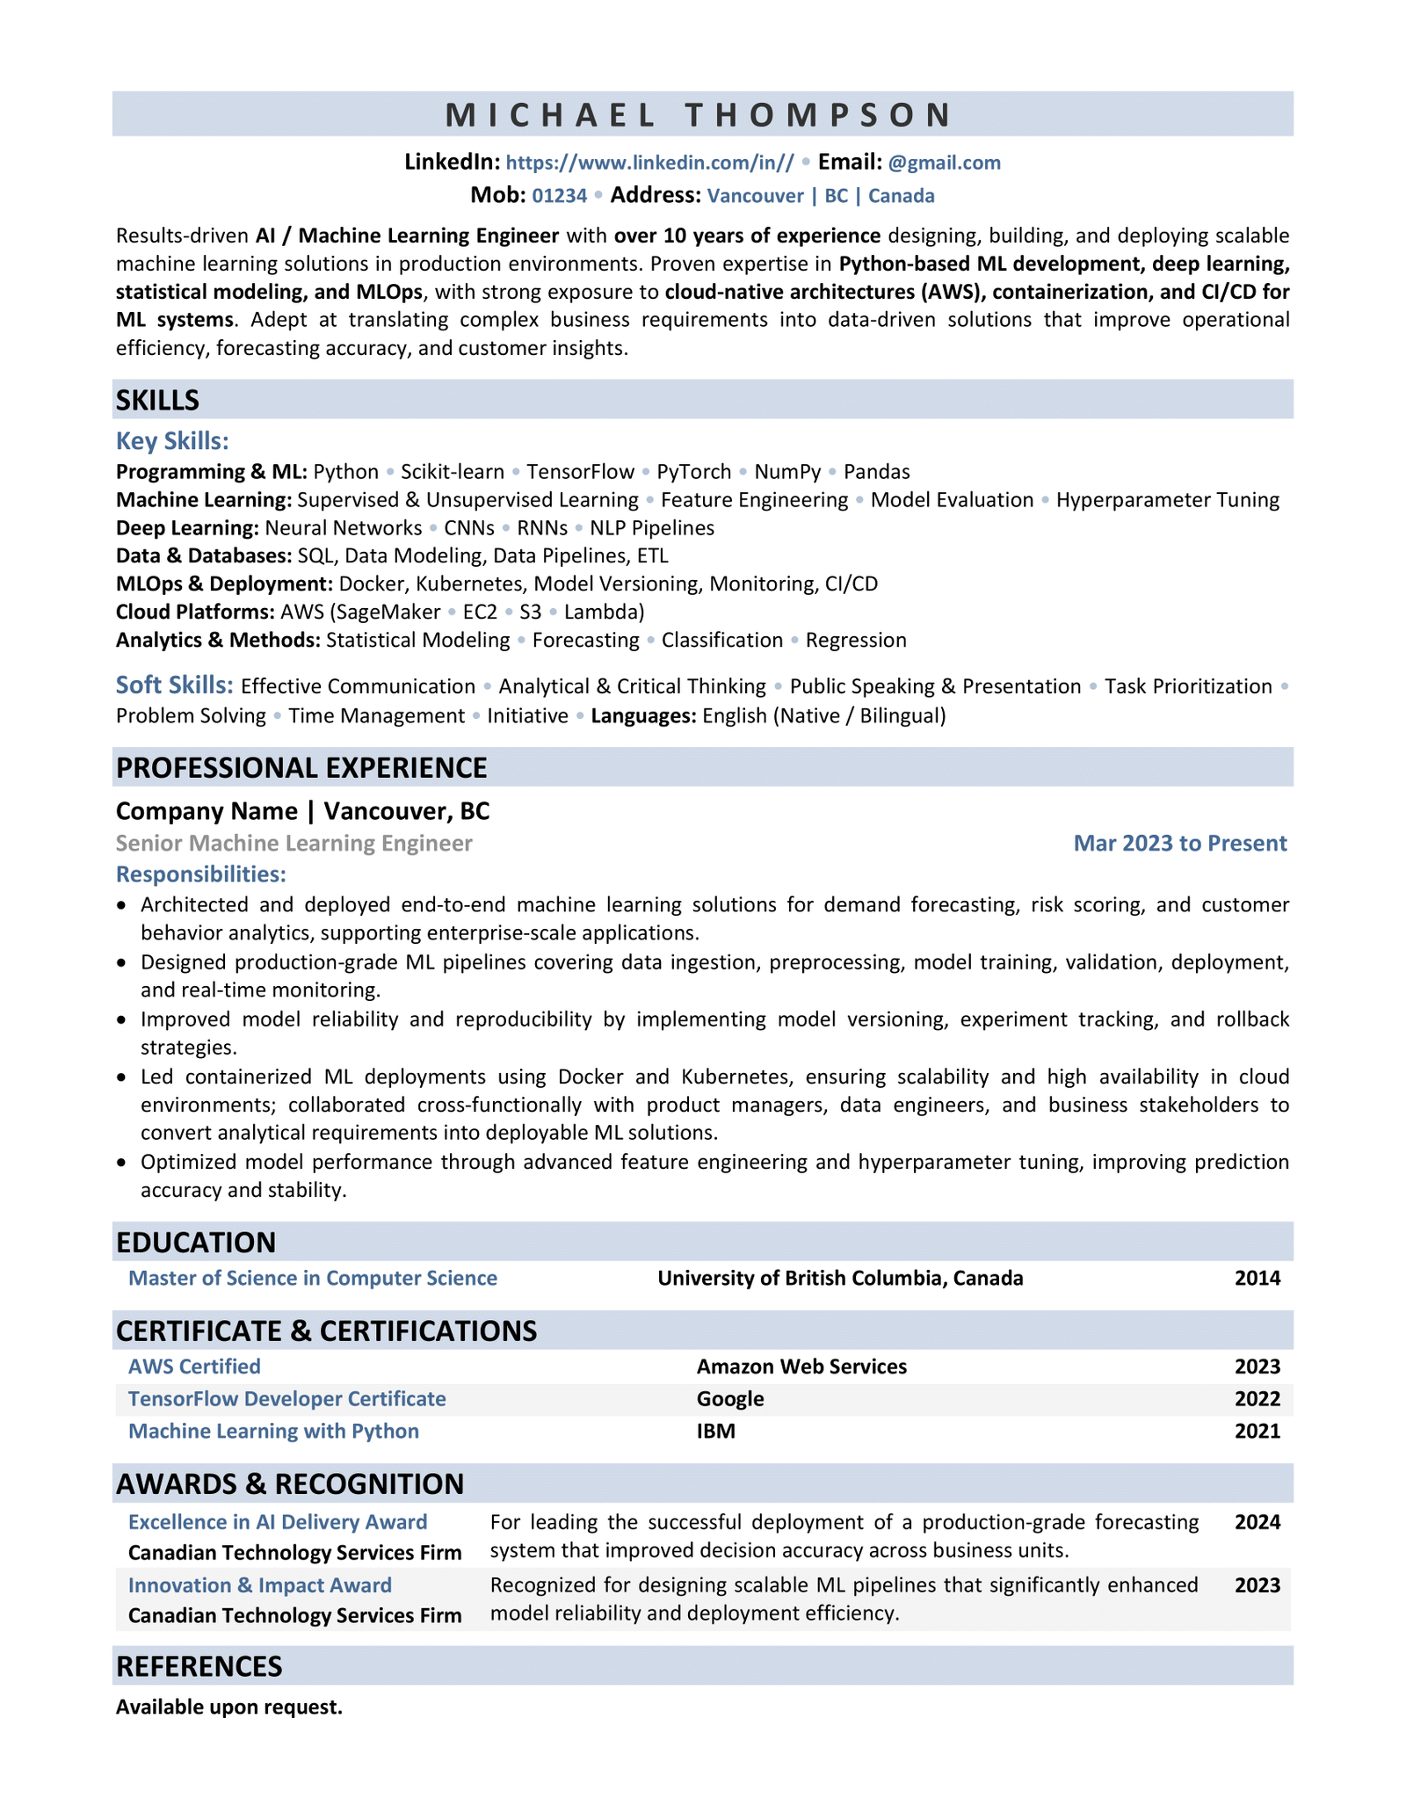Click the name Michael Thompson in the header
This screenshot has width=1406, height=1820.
(700, 115)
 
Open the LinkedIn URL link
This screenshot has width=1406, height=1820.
(650, 163)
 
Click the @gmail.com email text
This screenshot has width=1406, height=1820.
(944, 163)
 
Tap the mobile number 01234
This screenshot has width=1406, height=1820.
(560, 195)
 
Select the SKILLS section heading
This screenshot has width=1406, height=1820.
(158, 401)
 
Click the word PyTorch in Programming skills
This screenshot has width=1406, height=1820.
(693, 472)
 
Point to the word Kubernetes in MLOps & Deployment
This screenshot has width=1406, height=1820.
(469, 584)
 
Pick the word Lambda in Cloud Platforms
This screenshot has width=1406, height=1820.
(604, 612)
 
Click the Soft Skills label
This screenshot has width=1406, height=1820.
(175, 685)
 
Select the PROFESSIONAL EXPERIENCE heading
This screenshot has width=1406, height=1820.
(301, 767)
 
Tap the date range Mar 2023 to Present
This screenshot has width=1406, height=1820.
(1179, 844)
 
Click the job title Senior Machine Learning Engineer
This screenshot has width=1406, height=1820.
(294, 844)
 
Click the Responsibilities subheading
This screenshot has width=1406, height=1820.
(201, 874)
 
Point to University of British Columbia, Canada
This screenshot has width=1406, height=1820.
(840, 1278)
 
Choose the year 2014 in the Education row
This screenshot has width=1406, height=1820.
(1257, 1278)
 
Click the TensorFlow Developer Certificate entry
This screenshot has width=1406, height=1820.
(287, 1398)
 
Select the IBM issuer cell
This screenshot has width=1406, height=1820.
(716, 1431)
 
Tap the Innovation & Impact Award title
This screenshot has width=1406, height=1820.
(260, 1584)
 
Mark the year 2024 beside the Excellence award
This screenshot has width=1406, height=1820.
(1257, 1522)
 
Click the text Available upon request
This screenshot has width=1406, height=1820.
(229, 1707)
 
